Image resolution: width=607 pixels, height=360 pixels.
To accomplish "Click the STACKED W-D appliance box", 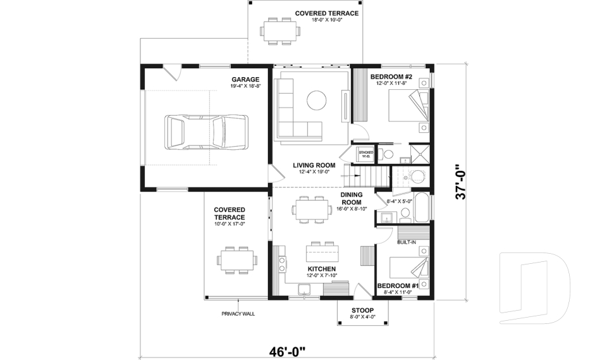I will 365,154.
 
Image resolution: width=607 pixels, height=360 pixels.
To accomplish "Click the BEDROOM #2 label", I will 391,77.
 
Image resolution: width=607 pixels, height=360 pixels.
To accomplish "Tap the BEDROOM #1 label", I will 398,286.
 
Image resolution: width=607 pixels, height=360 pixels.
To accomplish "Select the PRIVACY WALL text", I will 237,314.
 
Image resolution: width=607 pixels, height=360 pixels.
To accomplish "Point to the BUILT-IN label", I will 407,242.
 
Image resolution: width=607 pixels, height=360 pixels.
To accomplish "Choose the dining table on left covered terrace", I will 237,259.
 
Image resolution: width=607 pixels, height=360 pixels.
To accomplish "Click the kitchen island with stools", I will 321,253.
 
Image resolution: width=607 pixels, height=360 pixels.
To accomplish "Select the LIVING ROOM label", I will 314,165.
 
